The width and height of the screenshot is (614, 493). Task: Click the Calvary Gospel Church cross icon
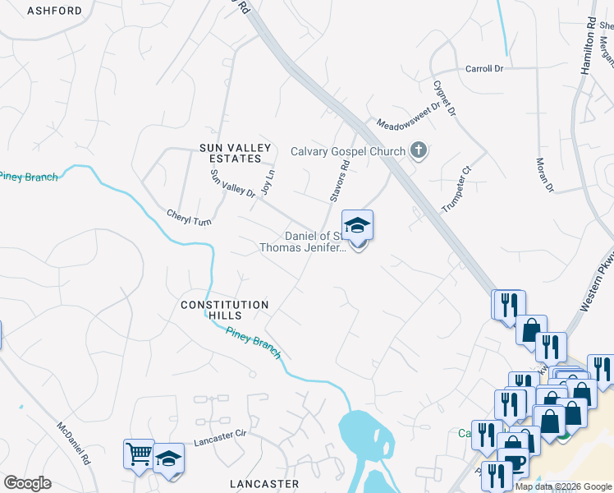tap(419, 151)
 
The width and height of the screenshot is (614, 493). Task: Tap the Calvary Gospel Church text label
tap(348, 151)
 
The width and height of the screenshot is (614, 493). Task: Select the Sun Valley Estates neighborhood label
tap(235, 153)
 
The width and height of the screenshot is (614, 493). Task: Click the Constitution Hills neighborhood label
tap(225, 310)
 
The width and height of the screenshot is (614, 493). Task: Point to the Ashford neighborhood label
tap(54, 11)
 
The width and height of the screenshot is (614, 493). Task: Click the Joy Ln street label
tap(265, 182)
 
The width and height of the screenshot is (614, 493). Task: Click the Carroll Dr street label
tap(483, 69)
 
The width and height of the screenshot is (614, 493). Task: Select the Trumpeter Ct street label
tap(458, 190)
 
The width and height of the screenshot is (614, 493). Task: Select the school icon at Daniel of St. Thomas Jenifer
tap(357, 226)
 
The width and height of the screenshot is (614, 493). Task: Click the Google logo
tap(27, 483)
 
